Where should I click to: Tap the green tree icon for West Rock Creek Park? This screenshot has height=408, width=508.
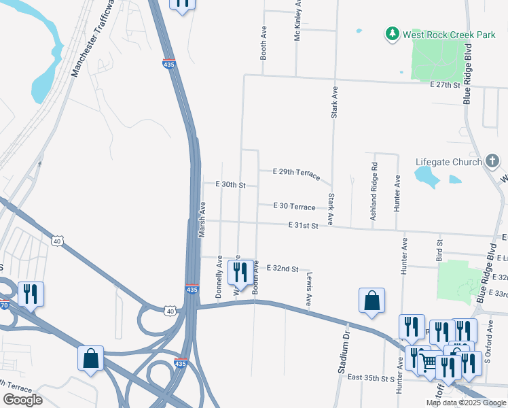[x=391, y=33]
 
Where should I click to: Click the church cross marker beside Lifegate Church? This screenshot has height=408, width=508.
[x=492, y=161]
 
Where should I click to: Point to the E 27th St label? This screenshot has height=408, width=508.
[x=445, y=85]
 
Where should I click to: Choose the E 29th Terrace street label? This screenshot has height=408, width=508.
[x=296, y=173]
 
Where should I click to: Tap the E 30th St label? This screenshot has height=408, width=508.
[x=230, y=184]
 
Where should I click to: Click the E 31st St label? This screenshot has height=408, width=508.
[x=303, y=225]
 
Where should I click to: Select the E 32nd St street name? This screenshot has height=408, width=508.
[x=283, y=269]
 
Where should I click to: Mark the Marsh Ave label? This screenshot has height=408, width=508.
[x=202, y=219]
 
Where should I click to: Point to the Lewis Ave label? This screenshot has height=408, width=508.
[x=309, y=288]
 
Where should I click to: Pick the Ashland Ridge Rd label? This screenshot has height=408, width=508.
[x=374, y=191]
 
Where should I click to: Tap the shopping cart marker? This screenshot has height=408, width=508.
[x=428, y=363]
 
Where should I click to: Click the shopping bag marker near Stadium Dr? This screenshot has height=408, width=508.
[x=371, y=301]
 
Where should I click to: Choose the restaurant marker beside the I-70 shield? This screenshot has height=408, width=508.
[x=31, y=294]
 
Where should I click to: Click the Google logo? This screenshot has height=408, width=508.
[x=22, y=400]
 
